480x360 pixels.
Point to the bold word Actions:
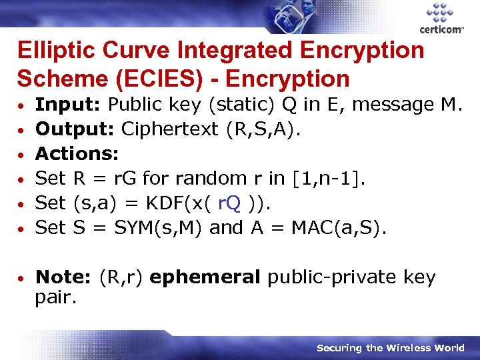pos(77,154)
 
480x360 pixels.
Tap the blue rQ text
pos(230,203)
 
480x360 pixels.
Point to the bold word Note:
pos(63,277)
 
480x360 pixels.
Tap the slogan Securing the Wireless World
pos(390,348)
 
